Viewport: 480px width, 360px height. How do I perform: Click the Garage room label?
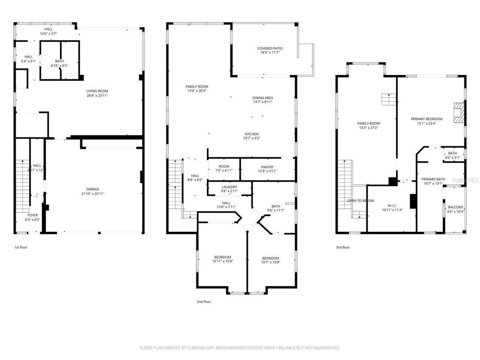click(93, 189)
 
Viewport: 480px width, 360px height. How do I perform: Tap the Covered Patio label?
click(270, 48)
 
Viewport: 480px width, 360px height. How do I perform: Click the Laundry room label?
click(229, 187)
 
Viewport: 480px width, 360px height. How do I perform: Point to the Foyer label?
click(33, 215)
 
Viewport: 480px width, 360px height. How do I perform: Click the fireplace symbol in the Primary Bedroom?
click(458, 112)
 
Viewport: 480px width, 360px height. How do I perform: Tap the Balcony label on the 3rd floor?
click(456, 207)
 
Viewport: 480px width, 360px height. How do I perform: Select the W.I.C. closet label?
click(392, 205)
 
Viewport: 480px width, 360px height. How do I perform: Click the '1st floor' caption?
click(21, 247)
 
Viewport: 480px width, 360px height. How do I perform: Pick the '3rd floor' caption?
click(343, 247)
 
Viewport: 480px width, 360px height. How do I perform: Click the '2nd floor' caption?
click(204, 302)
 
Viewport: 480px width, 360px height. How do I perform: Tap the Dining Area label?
click(262, 98)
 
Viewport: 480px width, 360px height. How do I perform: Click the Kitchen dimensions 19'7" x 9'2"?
click(252, 138)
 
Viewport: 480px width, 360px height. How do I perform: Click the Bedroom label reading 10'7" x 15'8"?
click(270, 262)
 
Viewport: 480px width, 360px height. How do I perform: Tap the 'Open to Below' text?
click(360, 201)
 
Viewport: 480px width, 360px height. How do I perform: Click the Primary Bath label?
click(433, 179)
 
